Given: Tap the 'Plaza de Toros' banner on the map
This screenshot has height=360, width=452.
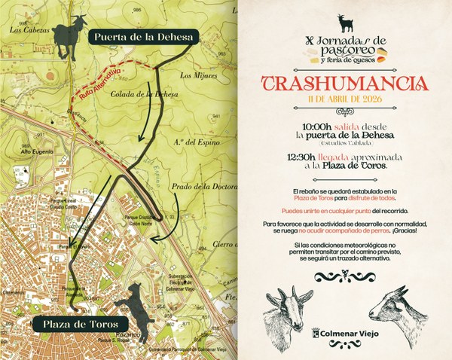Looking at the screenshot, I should point(72,323).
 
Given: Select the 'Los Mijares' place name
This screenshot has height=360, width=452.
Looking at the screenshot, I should point(198,75).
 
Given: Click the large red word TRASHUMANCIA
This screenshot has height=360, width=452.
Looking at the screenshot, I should point(346,84).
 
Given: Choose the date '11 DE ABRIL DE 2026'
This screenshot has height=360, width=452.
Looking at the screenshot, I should point(346,102).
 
